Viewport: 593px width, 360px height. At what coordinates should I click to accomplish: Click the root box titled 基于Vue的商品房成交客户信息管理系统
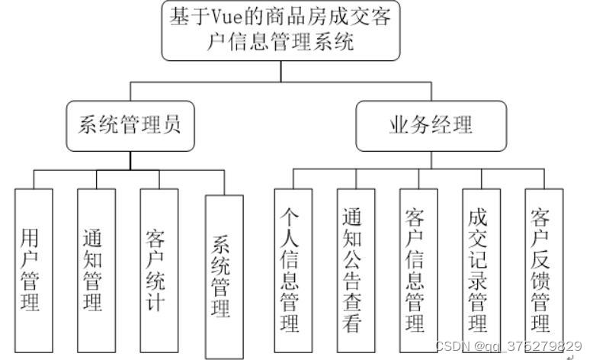280,31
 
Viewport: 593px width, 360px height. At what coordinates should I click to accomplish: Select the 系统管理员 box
130,125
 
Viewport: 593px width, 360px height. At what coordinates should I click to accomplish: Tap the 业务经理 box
431,125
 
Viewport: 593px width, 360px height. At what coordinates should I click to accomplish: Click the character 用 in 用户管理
30,230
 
